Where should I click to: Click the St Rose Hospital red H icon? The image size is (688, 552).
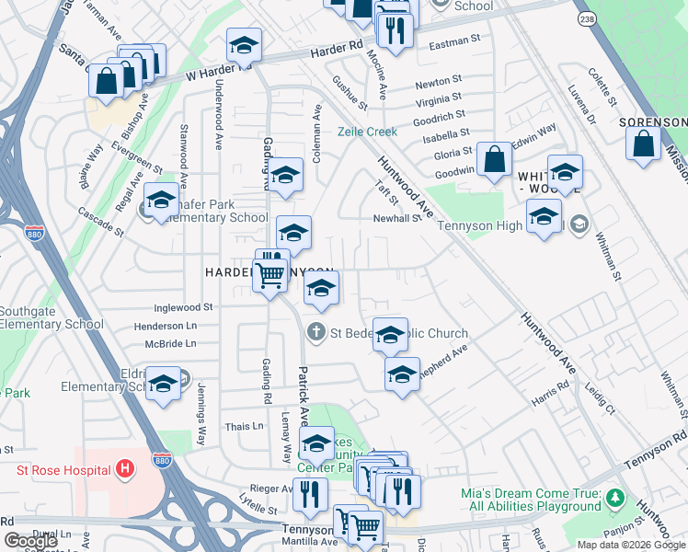coord(126,470)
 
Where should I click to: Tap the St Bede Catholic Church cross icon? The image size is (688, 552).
coord(316,332)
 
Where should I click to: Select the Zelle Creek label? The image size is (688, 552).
coord(367,132)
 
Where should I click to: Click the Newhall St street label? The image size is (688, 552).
coord(396,218)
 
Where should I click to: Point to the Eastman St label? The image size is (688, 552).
coord(455,40)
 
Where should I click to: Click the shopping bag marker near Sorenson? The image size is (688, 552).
coord(643,144)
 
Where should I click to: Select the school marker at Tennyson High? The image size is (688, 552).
coord(544,218)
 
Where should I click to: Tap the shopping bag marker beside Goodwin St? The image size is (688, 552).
coord(495,158)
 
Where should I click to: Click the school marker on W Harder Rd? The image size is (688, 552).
coord(244,45)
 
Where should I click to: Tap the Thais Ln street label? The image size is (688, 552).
coord(244,426)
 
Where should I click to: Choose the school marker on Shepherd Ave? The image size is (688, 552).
coord(402,375)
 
